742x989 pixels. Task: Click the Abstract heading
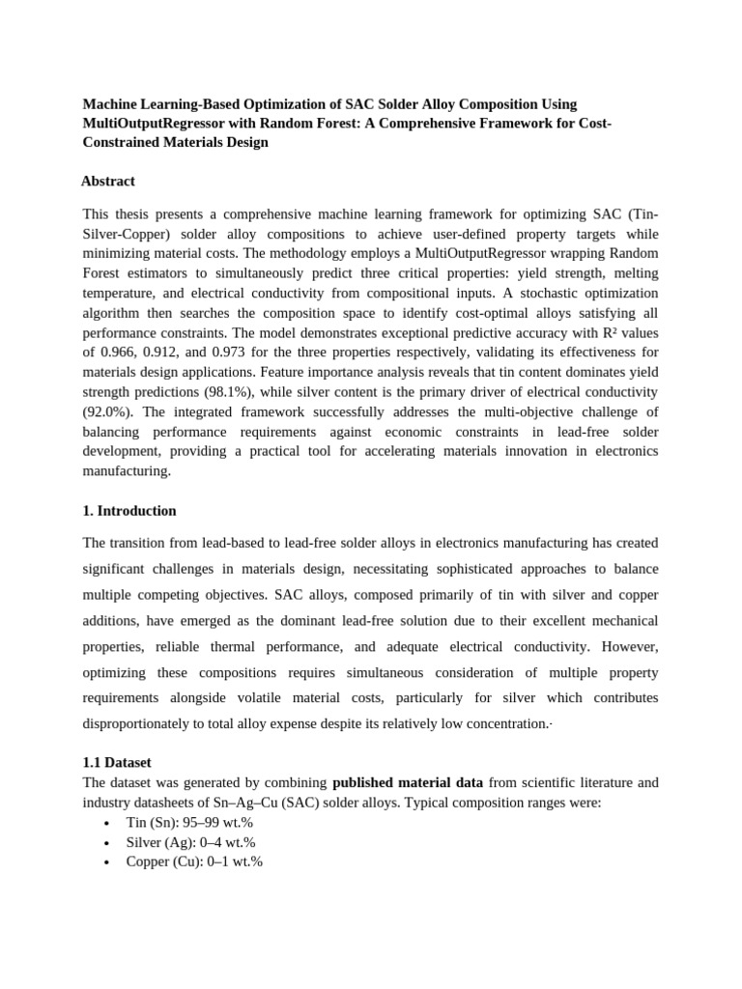click(x=107, y=181)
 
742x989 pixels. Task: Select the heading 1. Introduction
click(x=129, y=510)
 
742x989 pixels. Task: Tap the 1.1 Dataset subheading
click(x=117, y=762)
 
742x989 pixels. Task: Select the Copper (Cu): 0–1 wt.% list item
click(x=194, y=862)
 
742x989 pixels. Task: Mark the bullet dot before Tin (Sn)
click(x=105, y=824)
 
